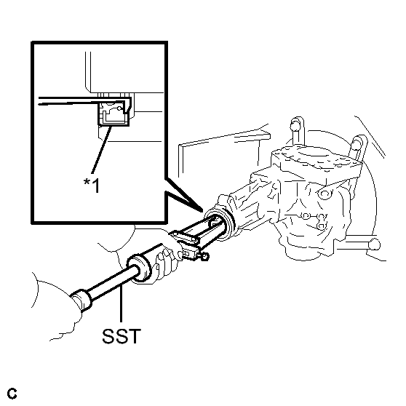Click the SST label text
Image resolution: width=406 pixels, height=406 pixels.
pyautogui.click(x=122, y=336)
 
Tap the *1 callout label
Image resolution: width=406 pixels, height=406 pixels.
pyautogui.click(x=92, y=185)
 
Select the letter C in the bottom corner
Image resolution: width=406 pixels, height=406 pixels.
pyautogui.click(x=12, y=394)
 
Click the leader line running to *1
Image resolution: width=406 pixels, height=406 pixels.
pyautogui.click(x=102, y=150)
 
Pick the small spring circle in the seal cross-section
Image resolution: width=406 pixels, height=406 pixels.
pyautogui.click(x=119, y=108)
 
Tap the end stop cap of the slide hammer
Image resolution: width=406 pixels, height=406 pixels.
pyautogui.click(x=81, y=299)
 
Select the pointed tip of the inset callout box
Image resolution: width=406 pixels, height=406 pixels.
pyautogui.click(x=203, y=210)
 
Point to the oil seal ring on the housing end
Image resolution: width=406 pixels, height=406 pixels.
pyautogui.click(x=220, y=223)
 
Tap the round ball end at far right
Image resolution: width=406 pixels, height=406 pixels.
pyautogui.click(x=375, y=244)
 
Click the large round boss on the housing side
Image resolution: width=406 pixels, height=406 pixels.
pyautogui.click(x=325, y=194)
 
